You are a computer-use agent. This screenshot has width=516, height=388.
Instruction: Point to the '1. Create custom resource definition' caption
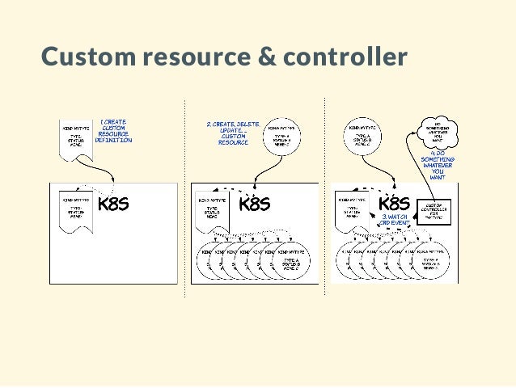point(113,132)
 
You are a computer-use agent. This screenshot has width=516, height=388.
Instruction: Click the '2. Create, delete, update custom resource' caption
point(233,133)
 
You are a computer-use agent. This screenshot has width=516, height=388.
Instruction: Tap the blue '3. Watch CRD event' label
point(395,219)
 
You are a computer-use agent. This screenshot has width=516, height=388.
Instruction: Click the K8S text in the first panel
point(114,204)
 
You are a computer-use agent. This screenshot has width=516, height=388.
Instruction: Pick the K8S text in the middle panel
point(254,204)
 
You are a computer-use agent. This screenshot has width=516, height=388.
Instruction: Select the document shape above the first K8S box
point(76,134)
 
